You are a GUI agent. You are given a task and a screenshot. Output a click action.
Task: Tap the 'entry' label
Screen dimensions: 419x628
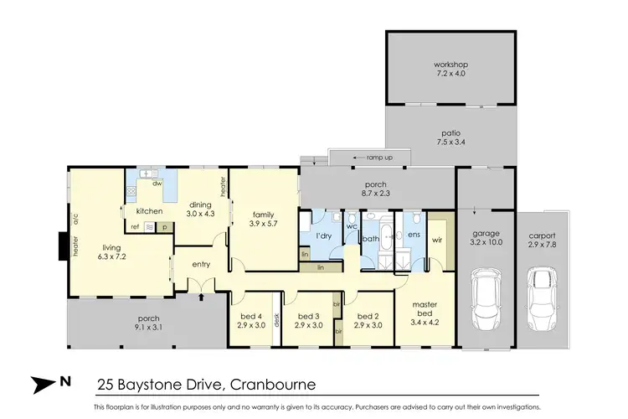pos(199,264)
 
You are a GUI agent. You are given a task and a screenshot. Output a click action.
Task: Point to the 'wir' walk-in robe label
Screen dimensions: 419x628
pos(436,239)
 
